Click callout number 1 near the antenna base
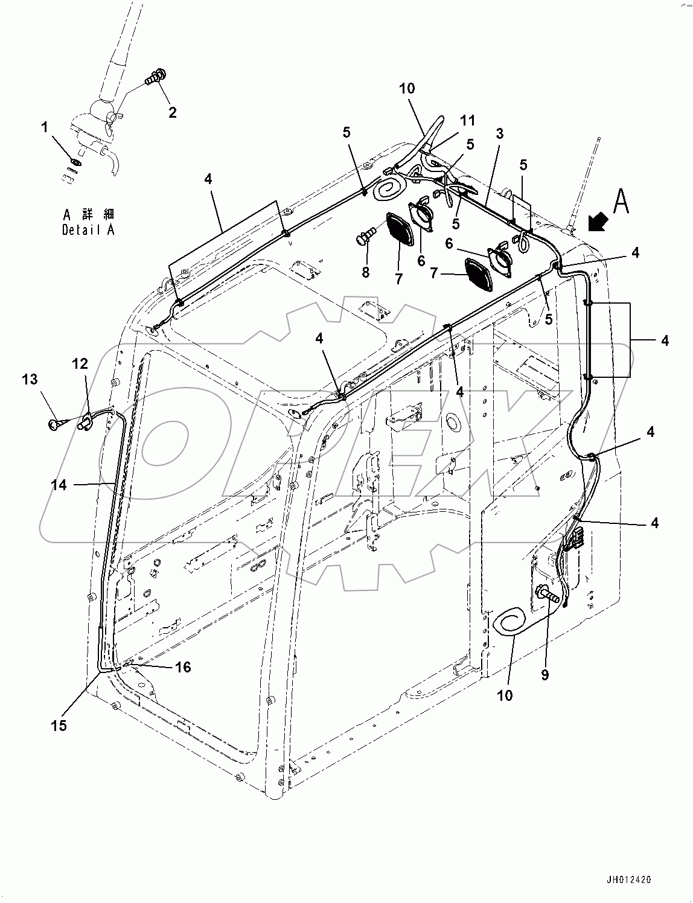coord(44,127)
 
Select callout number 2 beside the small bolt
coord(173,112)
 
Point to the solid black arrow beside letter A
coord(598,224)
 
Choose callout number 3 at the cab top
coord(500,133)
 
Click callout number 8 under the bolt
coord(365,272)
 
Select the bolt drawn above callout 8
coord(365,236)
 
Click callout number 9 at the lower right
coord(544,675)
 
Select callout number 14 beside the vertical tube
coord(59,484)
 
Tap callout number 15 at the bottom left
coord(59,726)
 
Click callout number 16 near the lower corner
coord(183,666)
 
